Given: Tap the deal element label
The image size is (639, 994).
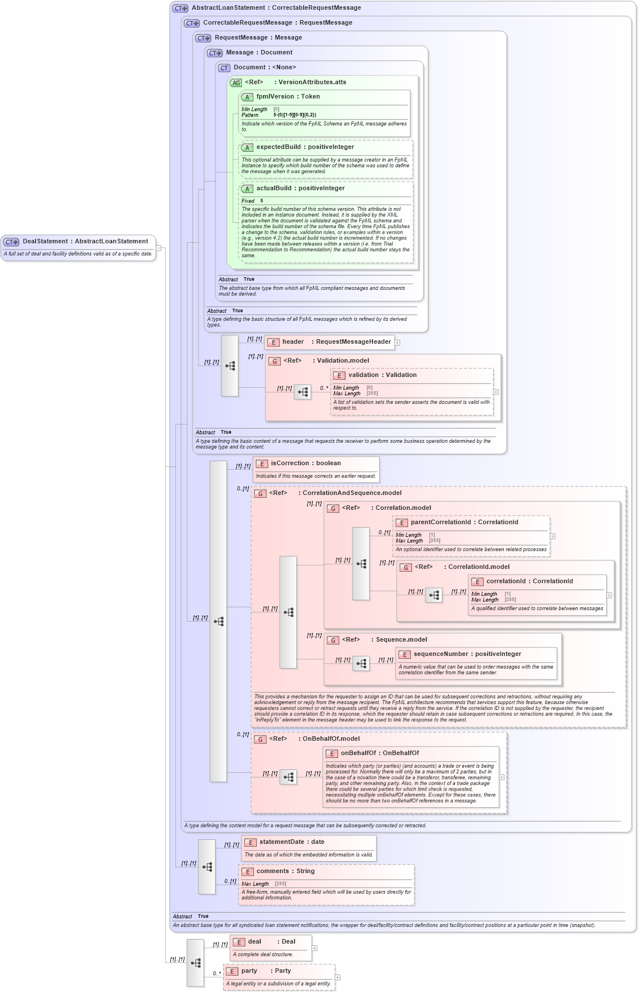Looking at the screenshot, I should pyautogui.click(x=254, y=942).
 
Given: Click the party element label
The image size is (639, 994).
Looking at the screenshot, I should pyautogui.click(x=249, y=971).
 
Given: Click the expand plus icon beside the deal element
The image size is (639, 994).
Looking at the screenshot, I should pyautogui.click(x=315, y=948).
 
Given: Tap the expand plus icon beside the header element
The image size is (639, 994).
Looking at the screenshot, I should pyautogui.click(x=397, y=343).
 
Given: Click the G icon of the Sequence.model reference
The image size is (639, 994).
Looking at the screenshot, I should pyautogui.click(x=332, y=641).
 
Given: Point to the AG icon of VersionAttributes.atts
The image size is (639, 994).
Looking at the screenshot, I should pyautogui.click(x=236, y=83).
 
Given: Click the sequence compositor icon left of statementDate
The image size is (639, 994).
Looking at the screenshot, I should pyautogui.click(x=207, y=867).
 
